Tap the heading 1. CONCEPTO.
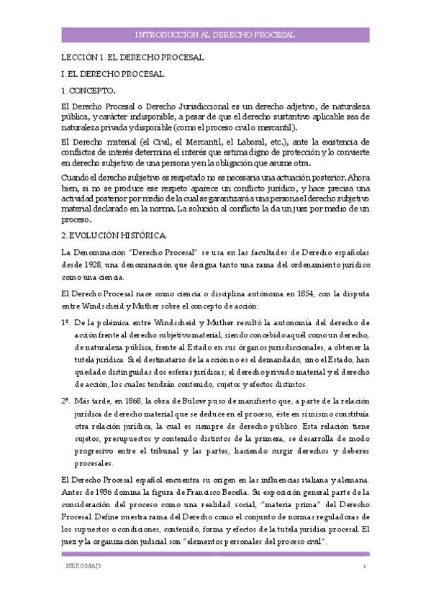[88, 90]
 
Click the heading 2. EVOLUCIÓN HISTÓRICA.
[114, 235]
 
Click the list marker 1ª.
[66, 324]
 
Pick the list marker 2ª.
[66, 397]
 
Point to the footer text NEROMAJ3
[79, 568]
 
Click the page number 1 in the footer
[366, 568]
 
